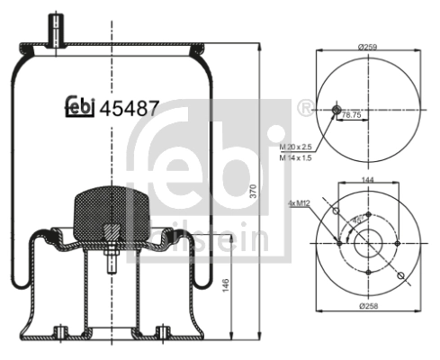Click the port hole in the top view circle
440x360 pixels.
[x=337, y=110]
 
